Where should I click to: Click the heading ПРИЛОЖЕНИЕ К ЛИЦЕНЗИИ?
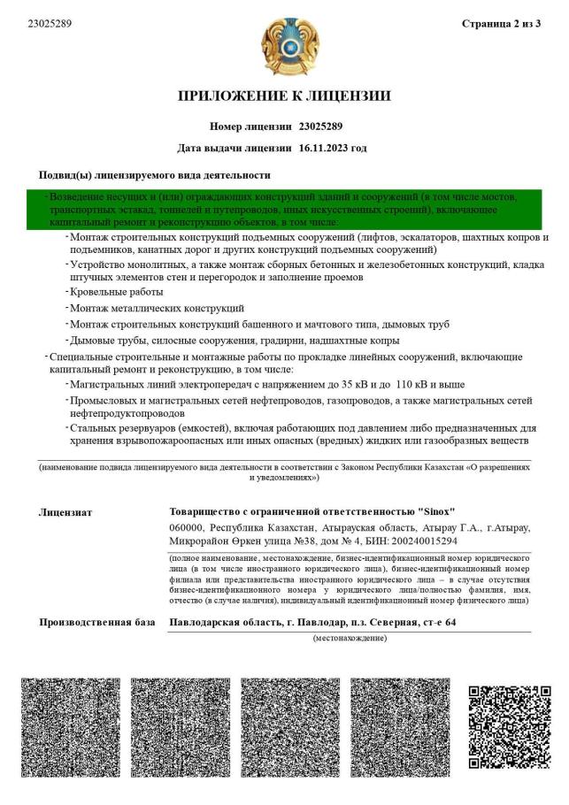[x=284, y=96]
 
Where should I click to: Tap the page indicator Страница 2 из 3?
[x=501, y=24]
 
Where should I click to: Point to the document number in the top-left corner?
[x=50, y=24]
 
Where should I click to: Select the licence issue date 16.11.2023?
[x=333, y=148]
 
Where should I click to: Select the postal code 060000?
[x=186, y=527]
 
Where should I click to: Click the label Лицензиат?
[x=65, y=511]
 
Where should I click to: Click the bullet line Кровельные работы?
[x=116, y=292]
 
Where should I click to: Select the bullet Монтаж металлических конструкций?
[x=157, y=308]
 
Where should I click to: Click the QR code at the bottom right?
[x=503, y=727]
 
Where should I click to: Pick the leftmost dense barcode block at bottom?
[x=70, y=727]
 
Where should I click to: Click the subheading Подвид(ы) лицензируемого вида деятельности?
[x=154, y=175]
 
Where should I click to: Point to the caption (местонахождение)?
[x=350, y=638]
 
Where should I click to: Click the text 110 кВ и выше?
[x=429, y=385]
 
